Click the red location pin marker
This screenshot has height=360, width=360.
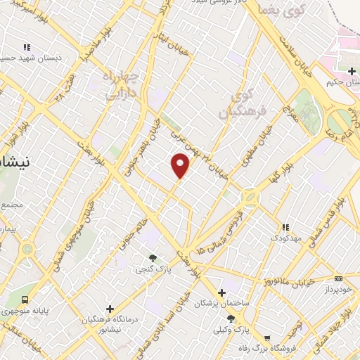pyautogui.click(x=181, y=165)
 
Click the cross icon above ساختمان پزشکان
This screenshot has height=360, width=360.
pyautogui.click(x=221, y=292)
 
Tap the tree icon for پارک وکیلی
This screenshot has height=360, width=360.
pyautogui.click(x=231, y=319)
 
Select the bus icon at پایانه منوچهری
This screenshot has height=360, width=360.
pyautogui.click(x=26, y=300)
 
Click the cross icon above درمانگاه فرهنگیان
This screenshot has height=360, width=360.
pyautogui.click(x=110, y=309)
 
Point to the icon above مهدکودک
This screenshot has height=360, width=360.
pyautogui.click(x=285, y=227)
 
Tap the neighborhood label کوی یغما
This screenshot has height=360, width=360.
pyautogui.click(x=274, y=10)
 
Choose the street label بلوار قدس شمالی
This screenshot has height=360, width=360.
pyautogui.click(x=328, y=218)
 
